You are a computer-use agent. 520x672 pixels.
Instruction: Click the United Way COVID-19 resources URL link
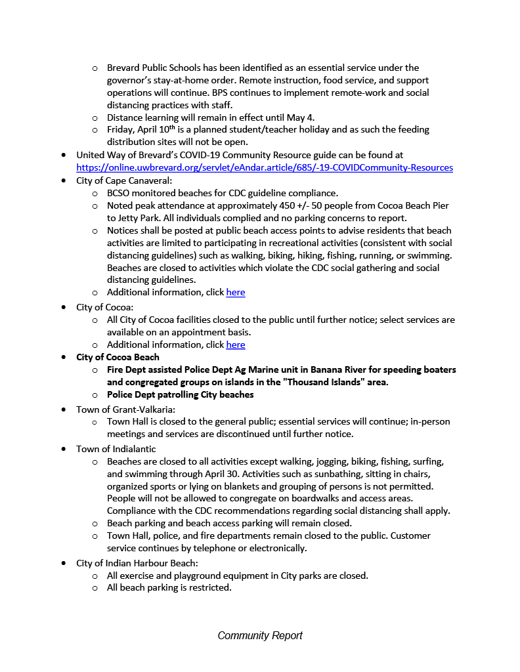265,167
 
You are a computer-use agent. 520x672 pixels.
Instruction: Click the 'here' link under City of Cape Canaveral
235,292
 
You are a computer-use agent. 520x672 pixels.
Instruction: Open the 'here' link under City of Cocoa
235,345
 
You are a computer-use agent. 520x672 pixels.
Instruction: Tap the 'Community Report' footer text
260,635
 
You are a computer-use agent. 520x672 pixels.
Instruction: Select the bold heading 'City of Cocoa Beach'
118,357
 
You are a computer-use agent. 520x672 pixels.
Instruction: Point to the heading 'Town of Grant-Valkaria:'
125,409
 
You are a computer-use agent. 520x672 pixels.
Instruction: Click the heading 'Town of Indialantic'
116,449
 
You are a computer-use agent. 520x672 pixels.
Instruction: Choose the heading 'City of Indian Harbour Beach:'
137,562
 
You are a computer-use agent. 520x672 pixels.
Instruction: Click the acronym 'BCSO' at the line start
120,193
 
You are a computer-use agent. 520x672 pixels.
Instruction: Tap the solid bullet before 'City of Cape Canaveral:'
63,180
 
